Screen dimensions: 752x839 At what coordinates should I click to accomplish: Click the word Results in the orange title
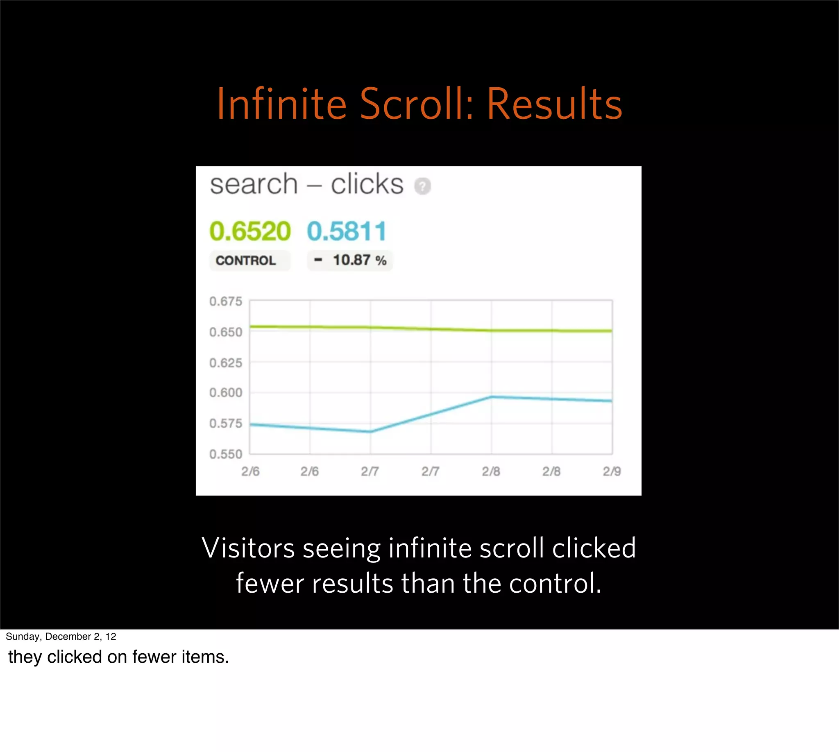pos(554,104)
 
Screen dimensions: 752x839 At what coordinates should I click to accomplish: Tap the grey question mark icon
pos(422,186)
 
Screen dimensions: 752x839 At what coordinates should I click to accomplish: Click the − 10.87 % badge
pos(350,260)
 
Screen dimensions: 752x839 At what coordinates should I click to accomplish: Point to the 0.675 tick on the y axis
pos(225,301)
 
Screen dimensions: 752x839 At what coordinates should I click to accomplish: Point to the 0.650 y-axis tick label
pos(225,332)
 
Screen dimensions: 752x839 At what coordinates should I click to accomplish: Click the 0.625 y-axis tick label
pos(225,363)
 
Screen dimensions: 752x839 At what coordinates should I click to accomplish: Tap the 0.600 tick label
pos(225,392)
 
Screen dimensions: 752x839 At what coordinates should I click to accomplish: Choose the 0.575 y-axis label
pos(225,424)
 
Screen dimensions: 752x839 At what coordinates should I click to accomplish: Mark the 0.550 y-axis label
pos(225,454)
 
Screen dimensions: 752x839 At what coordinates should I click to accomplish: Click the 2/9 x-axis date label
pos(612,471)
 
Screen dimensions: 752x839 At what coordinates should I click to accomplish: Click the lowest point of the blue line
pos(370,432)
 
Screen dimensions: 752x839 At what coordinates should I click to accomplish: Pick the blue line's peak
pos(491,397)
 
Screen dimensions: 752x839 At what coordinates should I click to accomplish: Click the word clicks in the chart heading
pos(367,184)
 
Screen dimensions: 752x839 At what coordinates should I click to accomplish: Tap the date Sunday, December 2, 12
pos(61,636)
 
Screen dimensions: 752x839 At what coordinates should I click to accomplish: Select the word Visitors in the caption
pos(248,548)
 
